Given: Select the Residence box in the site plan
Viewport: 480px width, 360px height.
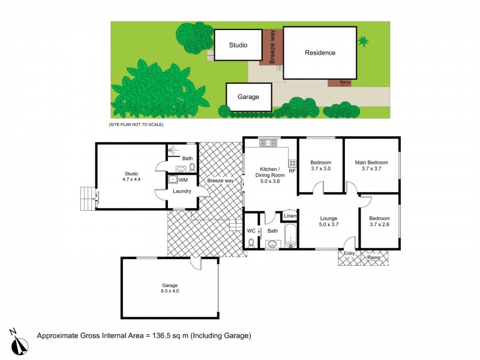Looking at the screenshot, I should [320, 53].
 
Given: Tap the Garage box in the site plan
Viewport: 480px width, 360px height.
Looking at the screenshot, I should [248, 96].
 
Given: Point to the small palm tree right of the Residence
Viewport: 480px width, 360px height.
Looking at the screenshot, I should [363, 41].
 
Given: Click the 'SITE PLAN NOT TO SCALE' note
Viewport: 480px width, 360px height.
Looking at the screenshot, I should [136, 124].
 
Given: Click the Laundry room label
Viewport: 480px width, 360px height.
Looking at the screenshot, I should [181, 191].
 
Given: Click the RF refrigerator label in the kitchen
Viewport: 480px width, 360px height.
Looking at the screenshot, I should [292, 171].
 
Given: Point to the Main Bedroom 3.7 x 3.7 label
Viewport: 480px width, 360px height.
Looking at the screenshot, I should [371, 166].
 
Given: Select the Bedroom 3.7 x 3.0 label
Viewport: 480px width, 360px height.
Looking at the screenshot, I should [321, 166].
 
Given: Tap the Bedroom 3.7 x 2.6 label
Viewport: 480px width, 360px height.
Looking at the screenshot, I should [379, 221].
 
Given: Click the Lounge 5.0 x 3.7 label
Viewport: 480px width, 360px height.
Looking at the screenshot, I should [329, 221].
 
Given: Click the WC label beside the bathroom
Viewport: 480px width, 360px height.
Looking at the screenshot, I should [251, 230].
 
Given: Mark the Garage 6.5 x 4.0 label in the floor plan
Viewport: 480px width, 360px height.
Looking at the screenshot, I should [170, 288].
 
